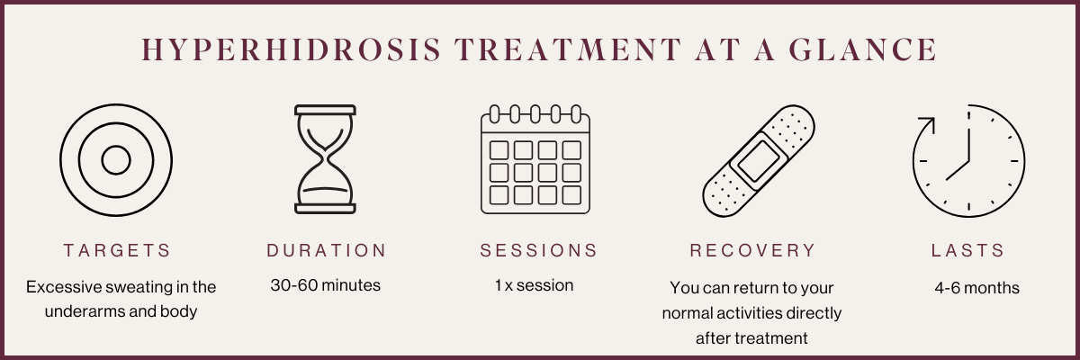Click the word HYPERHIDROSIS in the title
coord(292,49)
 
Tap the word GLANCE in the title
coord(863,49)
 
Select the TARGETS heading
coord(117,250)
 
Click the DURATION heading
coord(327,250)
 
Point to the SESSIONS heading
coord(538,250)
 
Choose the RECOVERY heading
coord(752,250)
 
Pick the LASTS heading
coord(967,250)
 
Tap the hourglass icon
coord(326,159)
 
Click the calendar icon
coord(535,159)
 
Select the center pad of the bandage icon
coord(759,161)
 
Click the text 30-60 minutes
coord(326,285)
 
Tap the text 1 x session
coord(535,285)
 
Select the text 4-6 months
coord(976,288)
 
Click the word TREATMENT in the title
coord(568,49)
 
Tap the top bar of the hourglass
coord(326,110)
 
